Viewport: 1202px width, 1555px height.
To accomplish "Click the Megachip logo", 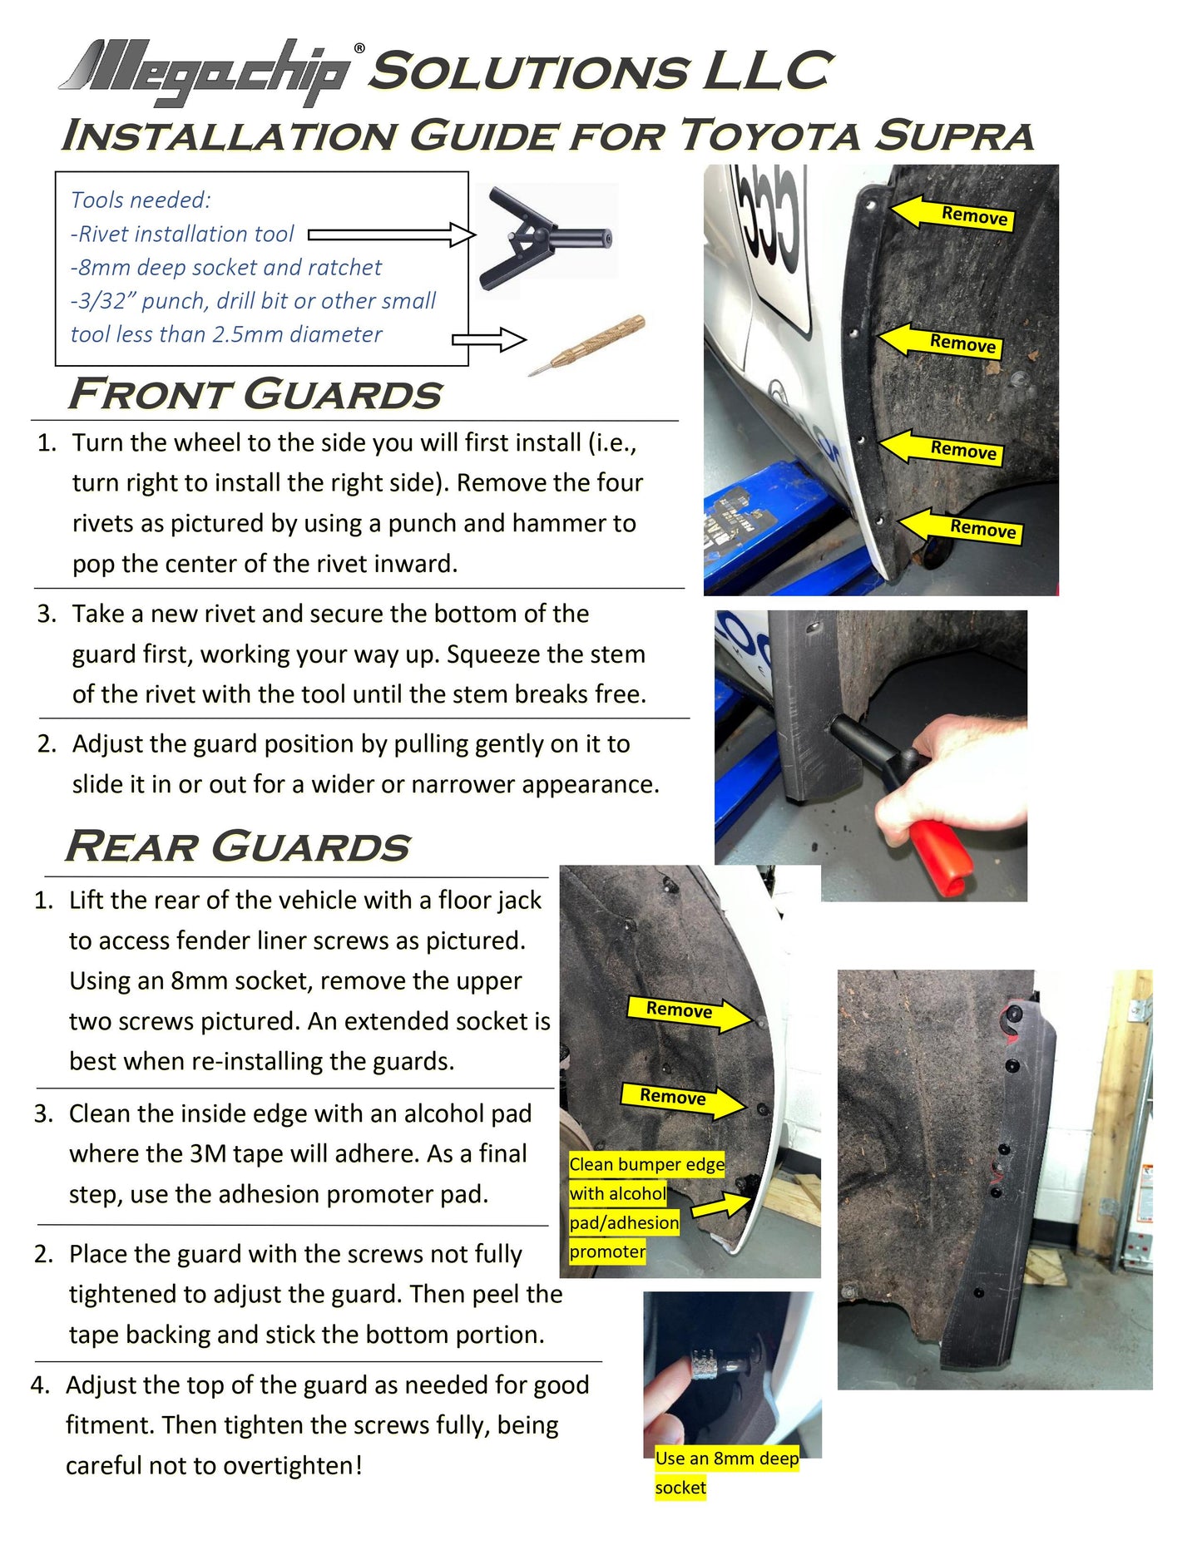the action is (212, 72).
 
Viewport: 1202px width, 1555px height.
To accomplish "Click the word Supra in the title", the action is (954, 136).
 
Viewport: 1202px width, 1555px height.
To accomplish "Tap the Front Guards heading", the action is (255, 394).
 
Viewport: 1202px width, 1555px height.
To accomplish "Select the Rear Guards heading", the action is (238, 847).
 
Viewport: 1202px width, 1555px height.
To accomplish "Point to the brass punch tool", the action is (587, 344).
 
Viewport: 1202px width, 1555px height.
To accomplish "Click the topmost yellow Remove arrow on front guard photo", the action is (952, 213).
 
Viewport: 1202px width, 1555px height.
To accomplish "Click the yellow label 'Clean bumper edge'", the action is (646, 1164).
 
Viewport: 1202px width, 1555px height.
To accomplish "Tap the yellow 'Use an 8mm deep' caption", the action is (727, 1459).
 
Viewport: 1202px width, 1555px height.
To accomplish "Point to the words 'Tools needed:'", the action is (141, 200).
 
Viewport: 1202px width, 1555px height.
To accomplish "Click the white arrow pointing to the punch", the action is (489, 339).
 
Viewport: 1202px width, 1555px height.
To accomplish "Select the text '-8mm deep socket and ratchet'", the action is (226, 267).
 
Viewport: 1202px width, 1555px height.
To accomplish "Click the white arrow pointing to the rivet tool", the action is (392, 234).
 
